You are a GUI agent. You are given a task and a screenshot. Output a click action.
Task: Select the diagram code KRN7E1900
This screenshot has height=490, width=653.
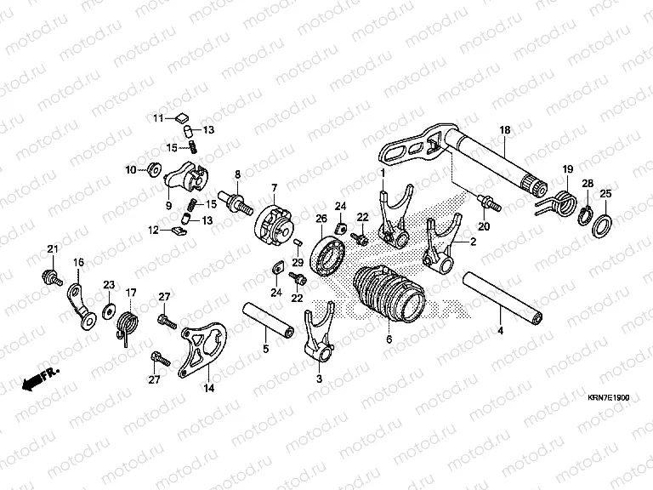coord(608,397)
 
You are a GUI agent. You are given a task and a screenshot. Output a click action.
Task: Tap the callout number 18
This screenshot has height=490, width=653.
coord(505,130)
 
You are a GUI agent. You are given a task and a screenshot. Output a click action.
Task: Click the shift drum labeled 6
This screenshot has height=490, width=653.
coord(389,294)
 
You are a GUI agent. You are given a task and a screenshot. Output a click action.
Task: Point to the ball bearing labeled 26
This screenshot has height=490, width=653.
coord(328,256)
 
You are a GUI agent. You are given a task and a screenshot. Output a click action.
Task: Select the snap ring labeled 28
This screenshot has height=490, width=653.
coord(585,214)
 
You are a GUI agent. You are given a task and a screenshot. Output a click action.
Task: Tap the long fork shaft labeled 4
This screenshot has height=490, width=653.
coord(502,298)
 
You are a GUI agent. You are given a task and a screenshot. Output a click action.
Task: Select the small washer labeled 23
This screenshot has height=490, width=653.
coord(109,311)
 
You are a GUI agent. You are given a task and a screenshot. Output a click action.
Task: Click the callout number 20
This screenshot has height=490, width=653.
coord(484,226)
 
